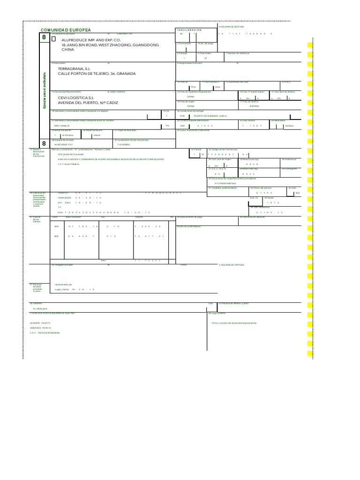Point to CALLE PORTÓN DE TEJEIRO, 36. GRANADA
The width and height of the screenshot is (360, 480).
pos(97,74)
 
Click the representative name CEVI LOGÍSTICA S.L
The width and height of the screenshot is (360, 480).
pos(79,97)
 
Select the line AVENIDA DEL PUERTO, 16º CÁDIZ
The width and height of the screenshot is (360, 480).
pos(88,102)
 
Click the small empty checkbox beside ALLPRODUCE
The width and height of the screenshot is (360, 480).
pos(53,40)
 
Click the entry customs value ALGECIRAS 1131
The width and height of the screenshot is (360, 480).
pos(64,145)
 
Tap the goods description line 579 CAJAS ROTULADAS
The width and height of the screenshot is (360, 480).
pos(70,154)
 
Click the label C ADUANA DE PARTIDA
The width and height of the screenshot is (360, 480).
pos(232,265)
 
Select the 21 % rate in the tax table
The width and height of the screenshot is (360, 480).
pos(111,236)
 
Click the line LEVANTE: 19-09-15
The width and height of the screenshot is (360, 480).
pos(40,323)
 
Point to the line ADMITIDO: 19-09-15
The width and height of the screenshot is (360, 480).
pos(40,328)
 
